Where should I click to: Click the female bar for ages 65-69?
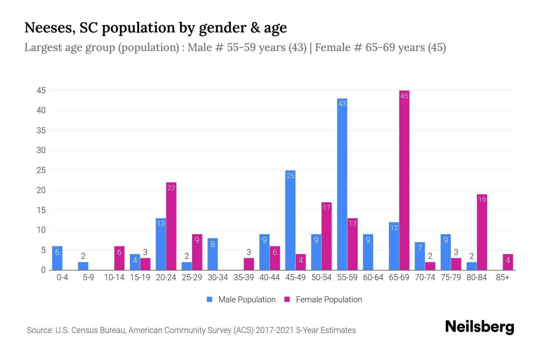click(x=404, y=180)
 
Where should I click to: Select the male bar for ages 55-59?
click(x=342, y=184)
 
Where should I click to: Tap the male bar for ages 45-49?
click(x=290, y=220)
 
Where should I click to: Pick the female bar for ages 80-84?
click(x=482, y=232)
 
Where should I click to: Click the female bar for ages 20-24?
click(x=171, y=226)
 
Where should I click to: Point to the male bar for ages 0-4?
click(x=57, y=258)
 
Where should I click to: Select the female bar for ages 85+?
click(x=508, y=262)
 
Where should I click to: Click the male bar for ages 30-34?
click(x=213, y=254)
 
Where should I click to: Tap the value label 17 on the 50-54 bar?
click(x=326, y=207)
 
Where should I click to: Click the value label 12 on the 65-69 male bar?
click(x=394, y=228)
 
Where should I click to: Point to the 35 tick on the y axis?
click(x=41, y=130)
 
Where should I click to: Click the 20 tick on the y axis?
click(x=41, y=190)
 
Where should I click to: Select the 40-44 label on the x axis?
click(x=269, y=277)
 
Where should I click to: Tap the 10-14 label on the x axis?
click(x=114, y=277)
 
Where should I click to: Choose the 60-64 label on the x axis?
click(x=373, y=277)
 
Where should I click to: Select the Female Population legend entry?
click(x=323, y=299)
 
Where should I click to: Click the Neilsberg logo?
click(x=479, y=327)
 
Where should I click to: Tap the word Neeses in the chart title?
click(x=50, y=28)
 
